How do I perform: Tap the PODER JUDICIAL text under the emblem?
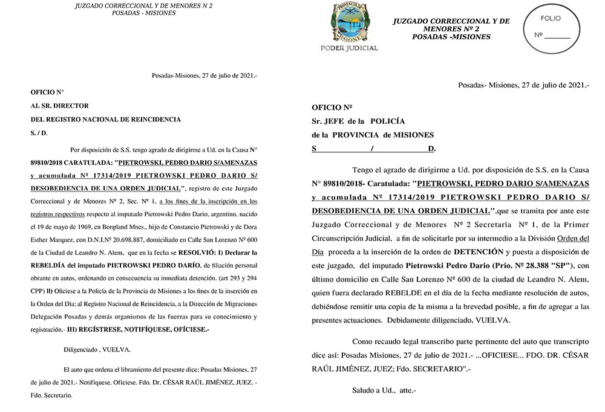348,48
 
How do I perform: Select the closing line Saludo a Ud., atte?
384,390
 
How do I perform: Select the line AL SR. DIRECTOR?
59,106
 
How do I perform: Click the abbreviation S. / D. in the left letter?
39,132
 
